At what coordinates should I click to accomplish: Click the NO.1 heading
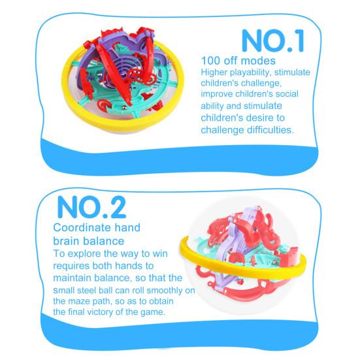tap(272, 40)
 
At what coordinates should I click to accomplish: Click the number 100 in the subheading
tap(212, 61)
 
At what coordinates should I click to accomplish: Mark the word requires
tap(73, 265)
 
